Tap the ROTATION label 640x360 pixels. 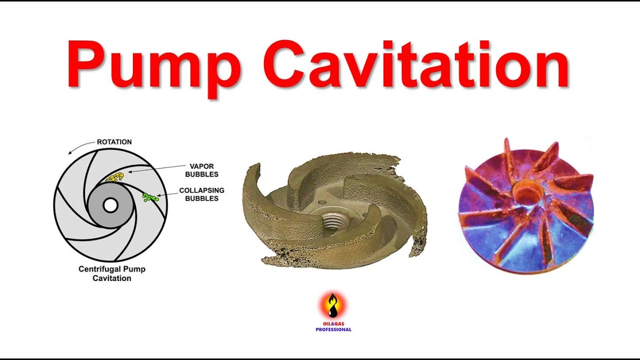pos(114,142)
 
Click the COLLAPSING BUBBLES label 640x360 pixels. pos(201,194)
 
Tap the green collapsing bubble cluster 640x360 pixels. pos(149,197)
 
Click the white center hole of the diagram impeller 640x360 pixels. pos(110,205)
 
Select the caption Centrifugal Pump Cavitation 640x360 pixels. pos(112,273)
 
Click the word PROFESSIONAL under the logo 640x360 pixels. pos(333,329)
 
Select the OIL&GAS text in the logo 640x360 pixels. pos(333,323)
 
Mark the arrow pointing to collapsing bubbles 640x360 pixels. pos(168,195)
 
